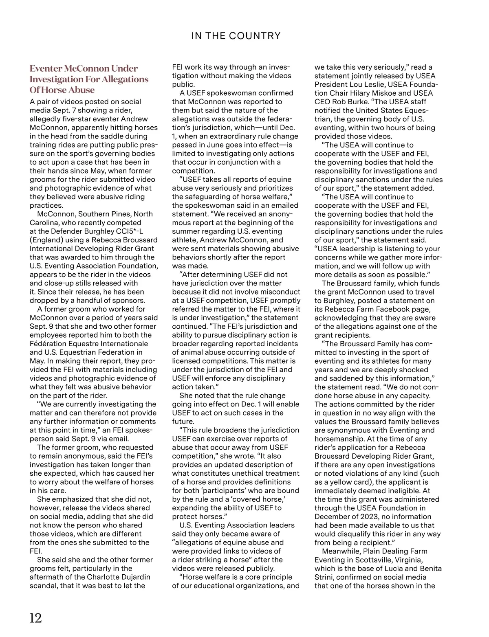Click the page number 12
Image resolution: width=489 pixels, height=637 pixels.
[x=36, y=618]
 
